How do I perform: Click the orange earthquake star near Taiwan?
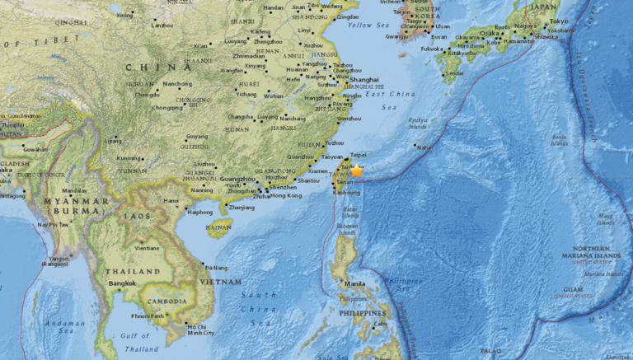(357, 171)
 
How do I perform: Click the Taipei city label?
(358, 154)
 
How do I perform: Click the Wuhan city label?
(274, 96)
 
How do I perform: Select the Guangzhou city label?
(239, 179)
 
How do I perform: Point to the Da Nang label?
(218, 267)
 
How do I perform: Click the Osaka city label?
(490, 33)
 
